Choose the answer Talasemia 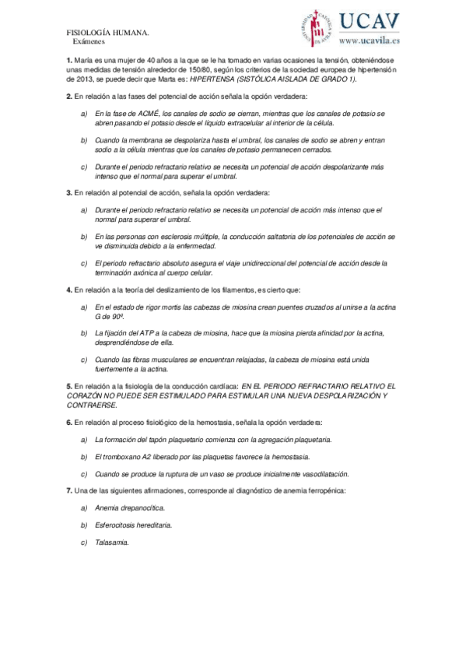click(x=113, y=542)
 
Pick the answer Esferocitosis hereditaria click(x=133, y=525)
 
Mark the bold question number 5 click(x=68, y=386)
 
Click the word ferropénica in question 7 click(x=319, y=490)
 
